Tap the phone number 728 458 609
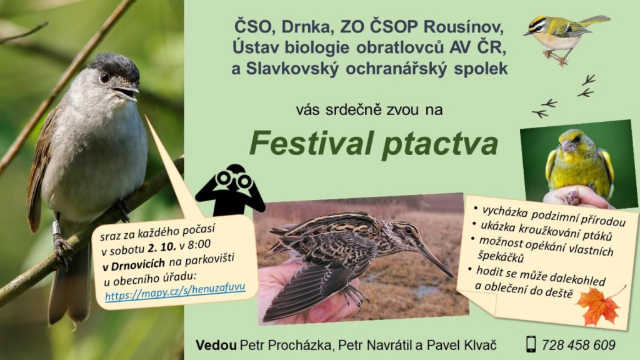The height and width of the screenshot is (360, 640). click(x=578, y=345)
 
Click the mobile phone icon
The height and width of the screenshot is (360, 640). click(x=531, y=344)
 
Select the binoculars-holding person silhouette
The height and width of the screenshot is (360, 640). click(x=230, y=190)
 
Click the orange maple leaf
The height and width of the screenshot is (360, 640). click(x=599, y=306)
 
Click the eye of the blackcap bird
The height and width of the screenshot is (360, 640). click(x=105, y=77)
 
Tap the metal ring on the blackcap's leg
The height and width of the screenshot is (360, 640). click(x=56, y=227)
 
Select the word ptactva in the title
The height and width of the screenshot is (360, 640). click(x=441, y=145)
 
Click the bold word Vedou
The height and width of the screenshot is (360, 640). click(x=216, y=345)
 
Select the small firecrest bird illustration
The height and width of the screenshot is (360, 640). click(x=566, y=39)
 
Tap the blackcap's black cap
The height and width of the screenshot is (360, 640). click(x=116, y=65)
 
